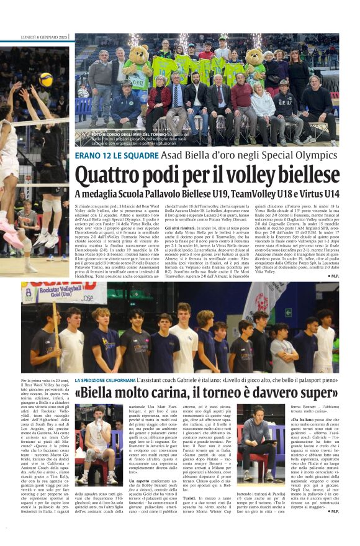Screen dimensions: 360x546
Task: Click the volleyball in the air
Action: (x=46, y=80)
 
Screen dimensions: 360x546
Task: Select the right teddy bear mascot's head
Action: (x=254, y=57)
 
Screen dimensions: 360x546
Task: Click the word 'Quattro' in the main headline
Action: (x=110, y=173)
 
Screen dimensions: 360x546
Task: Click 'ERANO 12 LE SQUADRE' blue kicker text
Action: (x=106, y=155)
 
